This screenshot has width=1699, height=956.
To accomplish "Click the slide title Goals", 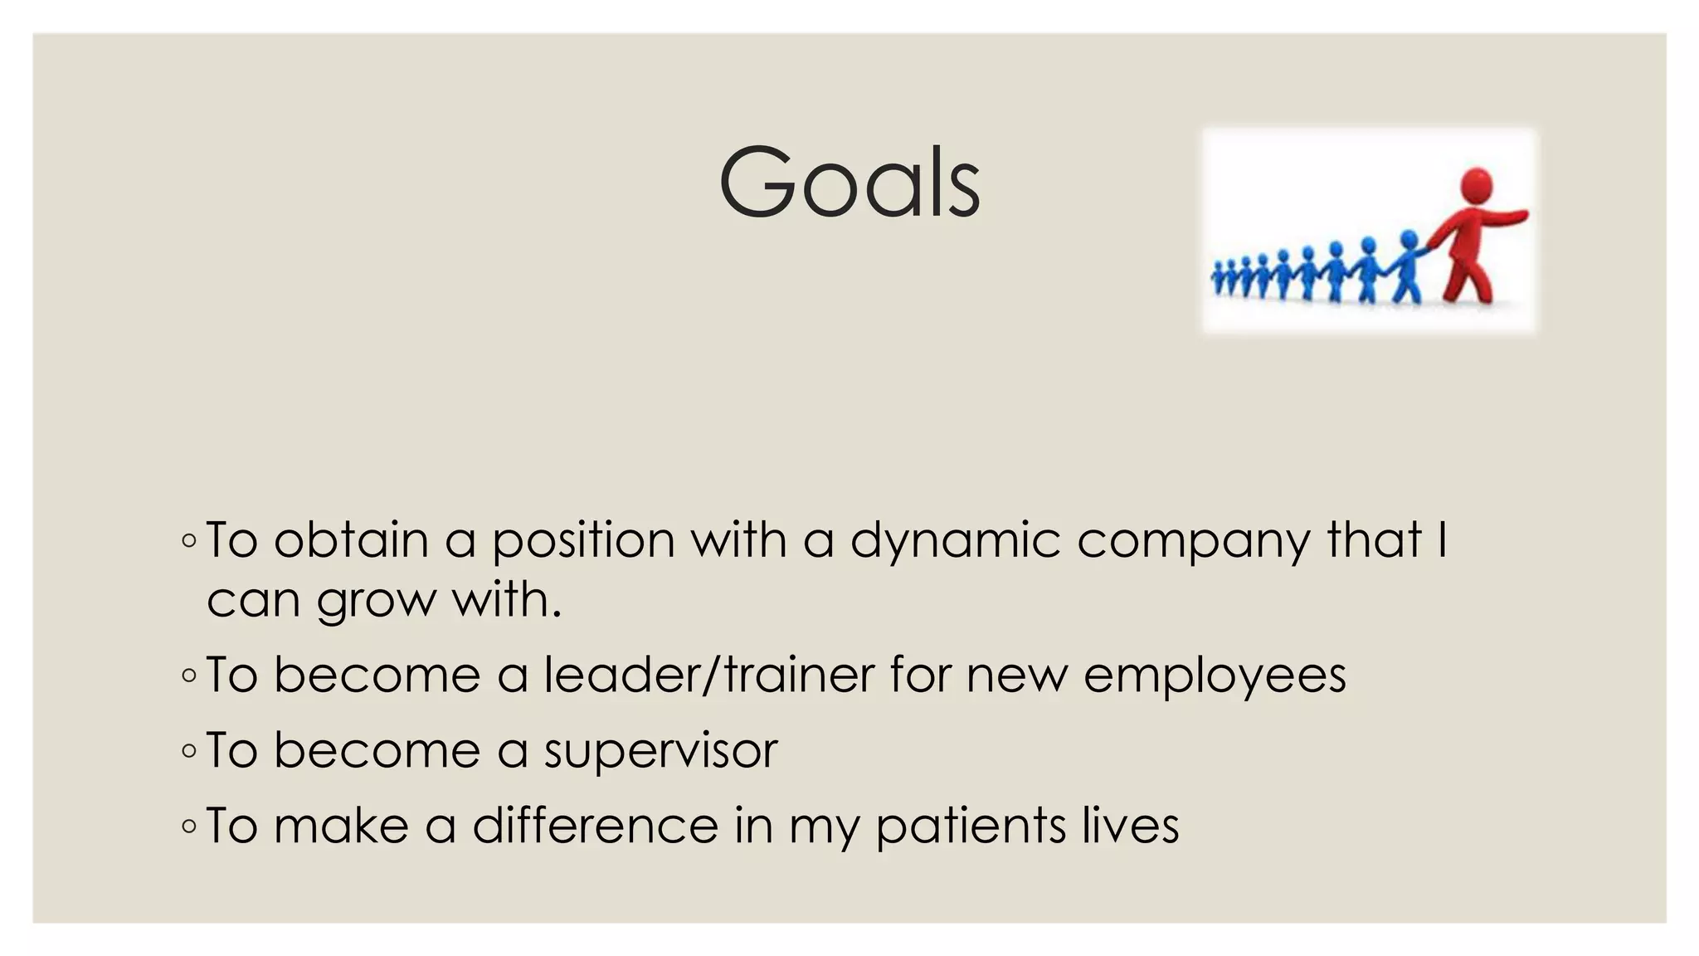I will tap(849, 183).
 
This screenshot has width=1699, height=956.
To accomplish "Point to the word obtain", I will tap(351, 540).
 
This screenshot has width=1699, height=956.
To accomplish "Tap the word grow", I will tap(376, 601).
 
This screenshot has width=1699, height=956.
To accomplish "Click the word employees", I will tap(1215, 676).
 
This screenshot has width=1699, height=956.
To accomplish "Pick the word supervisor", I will tap(661, 751).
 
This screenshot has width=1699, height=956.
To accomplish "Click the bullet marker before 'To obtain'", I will tap(188, 542).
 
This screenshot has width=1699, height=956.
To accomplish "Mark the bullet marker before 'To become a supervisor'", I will tap(188, 752).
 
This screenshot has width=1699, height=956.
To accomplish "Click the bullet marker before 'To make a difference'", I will tap(188, 827).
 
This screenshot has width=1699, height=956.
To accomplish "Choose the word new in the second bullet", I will tap(1017, 676).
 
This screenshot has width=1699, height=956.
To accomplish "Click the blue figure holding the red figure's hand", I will tap(1407, 266).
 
